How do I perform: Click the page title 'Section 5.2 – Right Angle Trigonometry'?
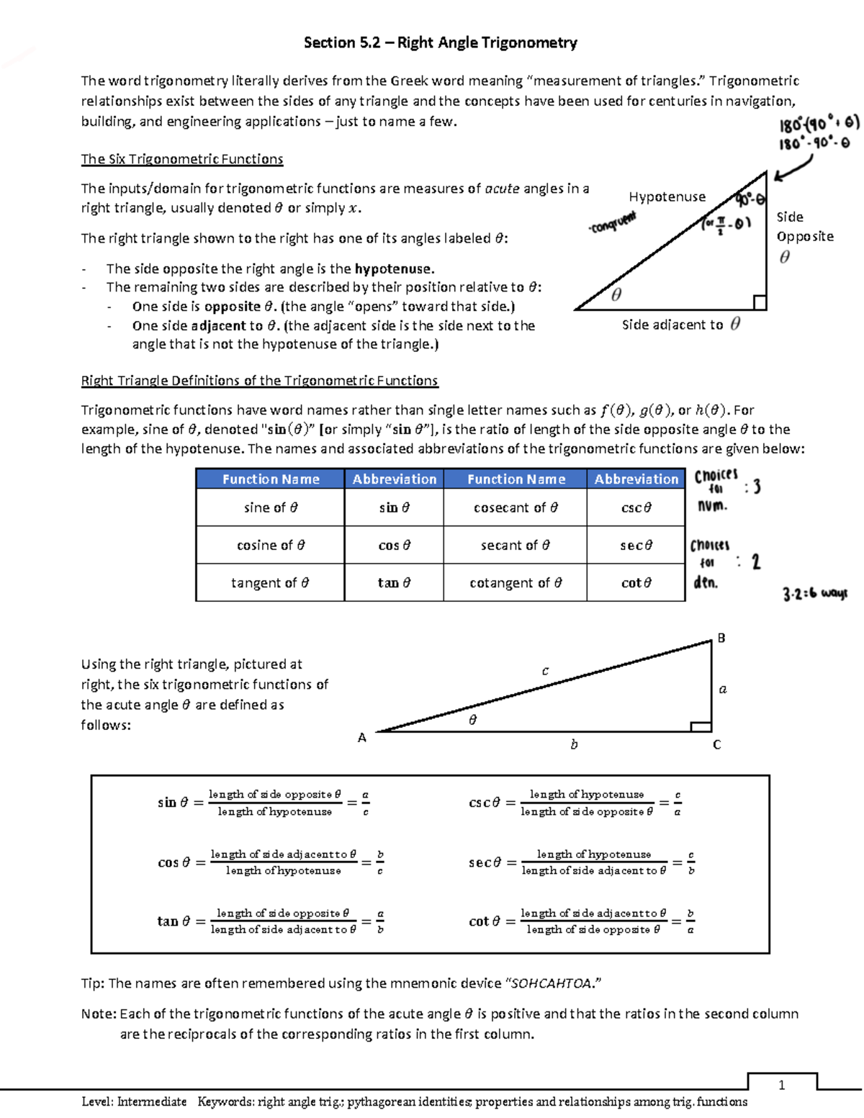[440, 42]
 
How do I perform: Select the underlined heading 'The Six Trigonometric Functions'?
[181, 159]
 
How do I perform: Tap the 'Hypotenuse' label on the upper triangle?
[667, 197]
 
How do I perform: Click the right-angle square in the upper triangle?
[759, 302]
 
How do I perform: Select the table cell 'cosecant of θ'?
[515, 508]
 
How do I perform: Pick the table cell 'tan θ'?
[394, 582]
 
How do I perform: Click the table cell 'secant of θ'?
[515, 545]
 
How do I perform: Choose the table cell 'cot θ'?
[636, 582]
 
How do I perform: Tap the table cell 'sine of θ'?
[270, 508]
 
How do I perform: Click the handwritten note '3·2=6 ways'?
[814, 594]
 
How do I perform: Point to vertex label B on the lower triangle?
[721, 638]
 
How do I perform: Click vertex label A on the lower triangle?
[362, 737]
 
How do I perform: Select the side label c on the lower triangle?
[545, 671]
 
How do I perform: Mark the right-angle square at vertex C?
[701, 726]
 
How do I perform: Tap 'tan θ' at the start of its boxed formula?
[173, 921]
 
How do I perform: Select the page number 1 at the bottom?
[781, 1085]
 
